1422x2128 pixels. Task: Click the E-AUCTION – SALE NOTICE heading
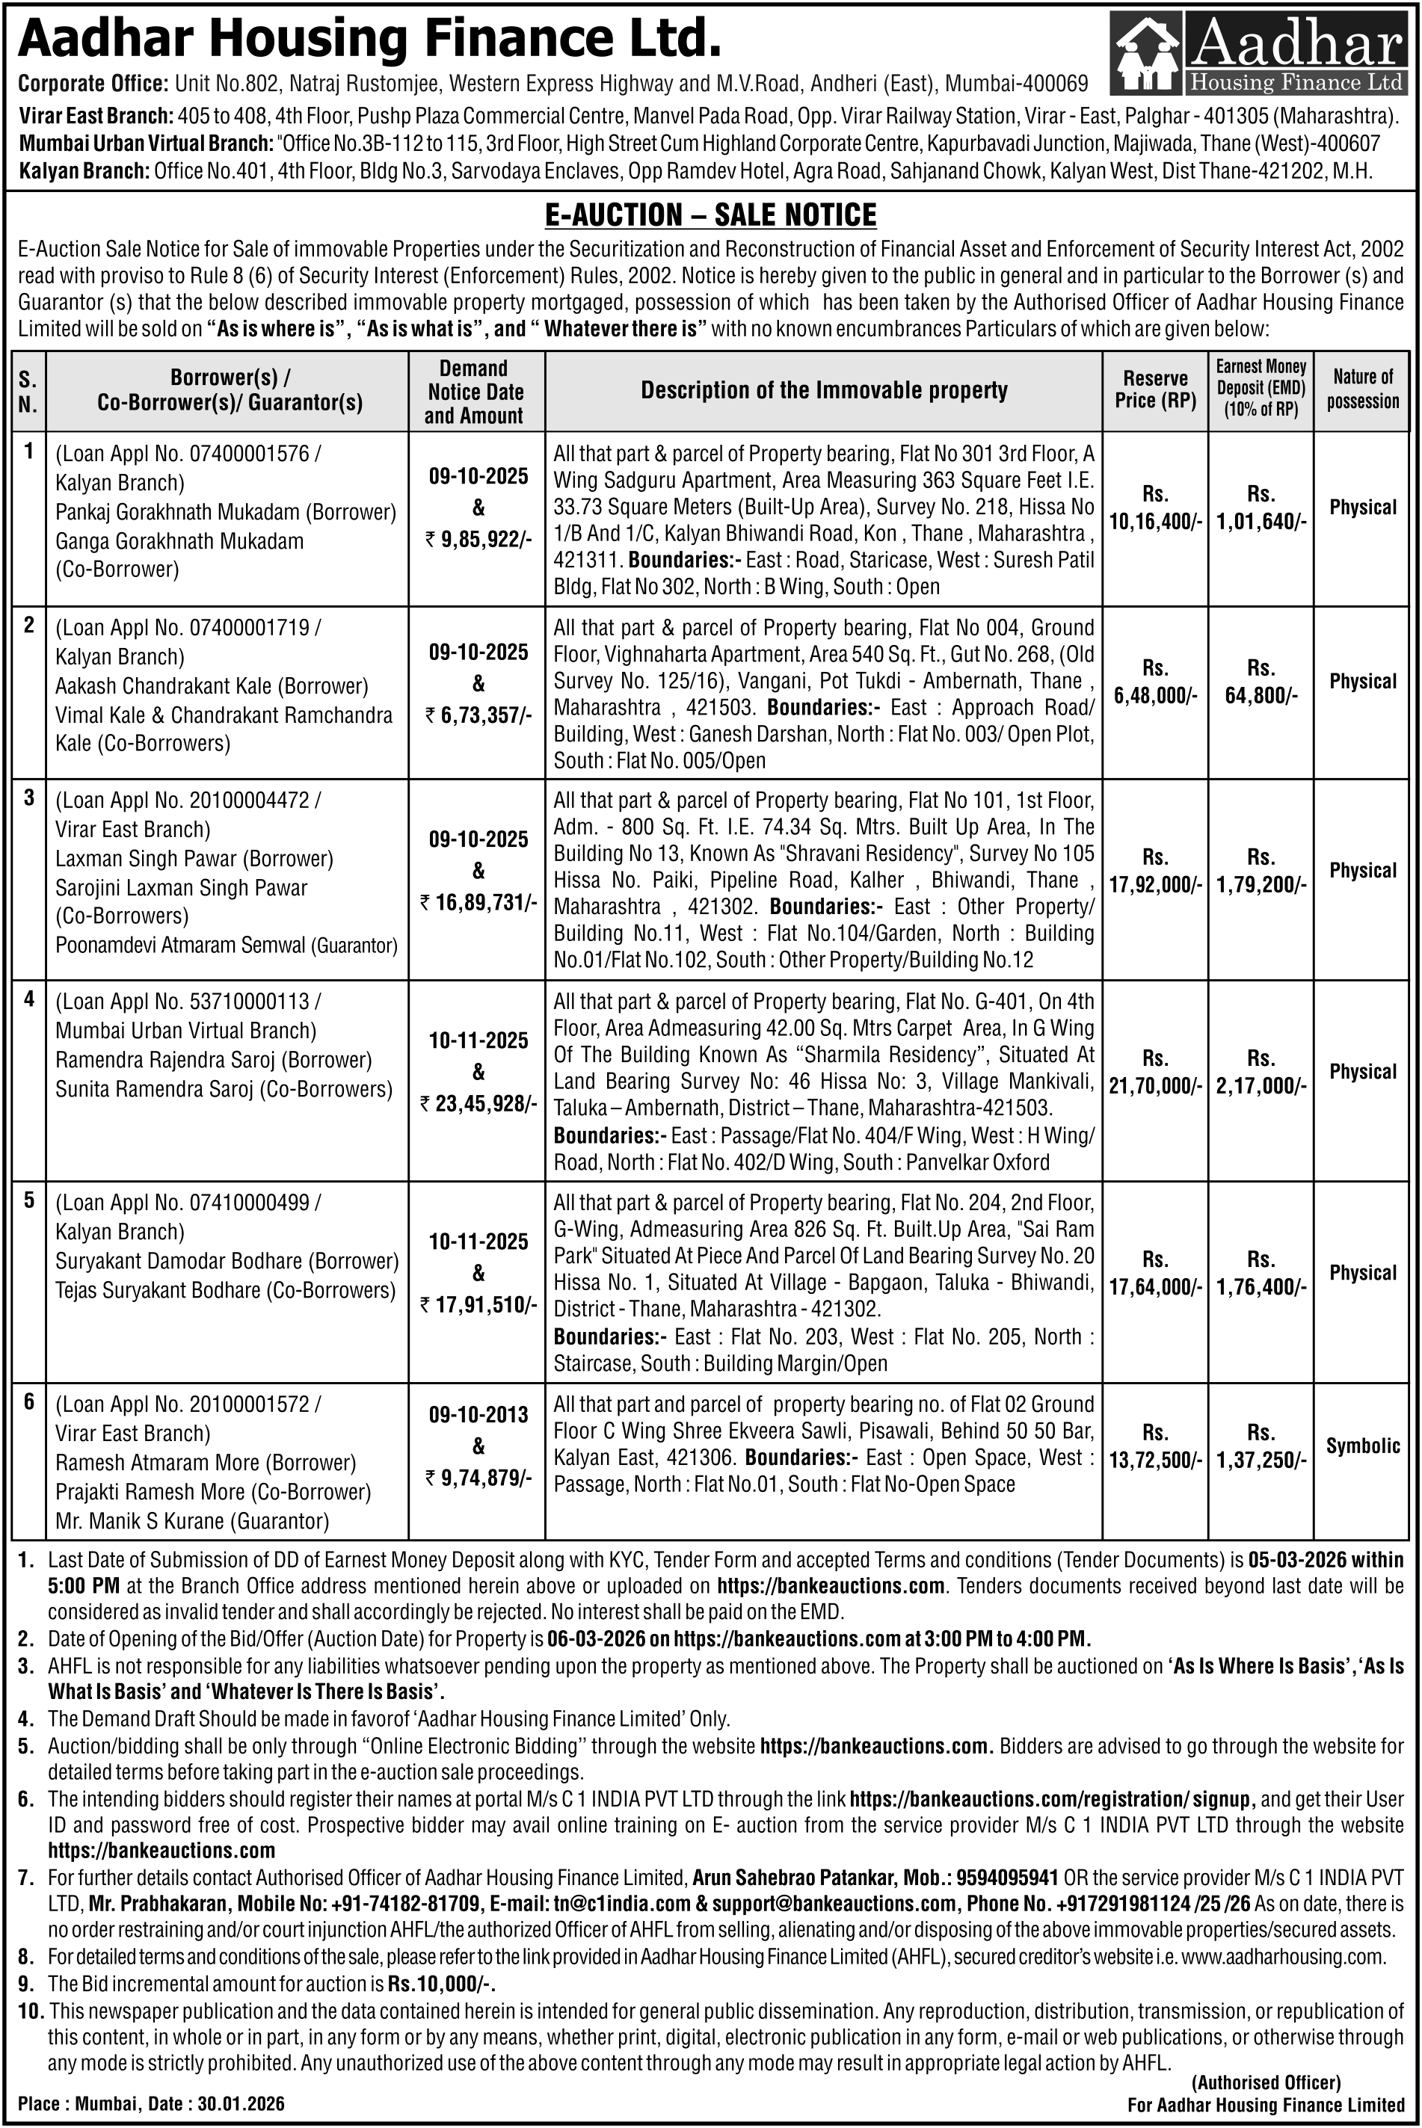[710, 215]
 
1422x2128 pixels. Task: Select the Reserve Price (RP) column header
[1154, 390]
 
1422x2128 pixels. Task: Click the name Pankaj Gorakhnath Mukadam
[179, 512]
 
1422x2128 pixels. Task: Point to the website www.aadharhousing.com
[1282, 1957]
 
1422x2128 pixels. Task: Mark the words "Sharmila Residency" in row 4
[914, 1055]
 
